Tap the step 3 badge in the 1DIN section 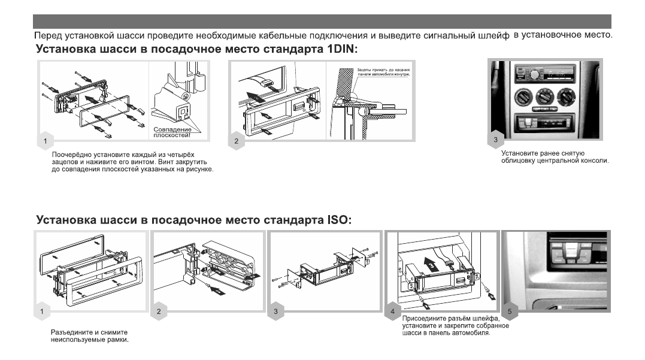click(495, 140)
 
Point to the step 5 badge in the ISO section click(510, 311)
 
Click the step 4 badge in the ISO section click(392, 311)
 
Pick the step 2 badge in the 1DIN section click(237, 141)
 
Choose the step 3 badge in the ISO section click(275, 311)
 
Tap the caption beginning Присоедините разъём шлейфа click(456, 326)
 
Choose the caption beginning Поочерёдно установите click(133, 162)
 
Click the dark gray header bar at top click(322, 22)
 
